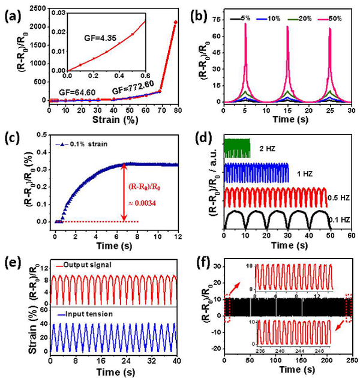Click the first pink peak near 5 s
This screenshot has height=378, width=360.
(245, 25)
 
